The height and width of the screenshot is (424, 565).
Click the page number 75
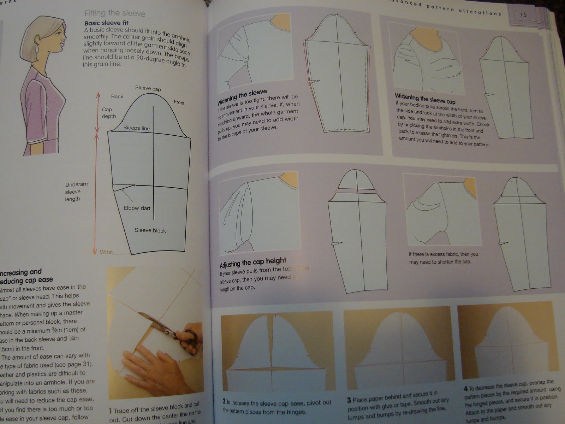(x=523, y=15)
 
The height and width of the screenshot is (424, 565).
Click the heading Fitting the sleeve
(x=115, y=13)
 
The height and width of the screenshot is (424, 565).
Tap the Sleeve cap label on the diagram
(x=148, y=88)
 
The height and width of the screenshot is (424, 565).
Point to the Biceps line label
(x=136, y=128)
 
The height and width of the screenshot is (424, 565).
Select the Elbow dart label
(x=137, y=208)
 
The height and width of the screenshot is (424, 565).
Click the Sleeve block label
(x=150, y=230)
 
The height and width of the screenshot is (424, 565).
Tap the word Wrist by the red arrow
(x=106, y=252)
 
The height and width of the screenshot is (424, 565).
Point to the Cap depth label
(x=108, y=113)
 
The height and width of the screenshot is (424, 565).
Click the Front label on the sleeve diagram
(x=179, y=102)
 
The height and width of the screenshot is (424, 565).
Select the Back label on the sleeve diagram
(x=117, y=96)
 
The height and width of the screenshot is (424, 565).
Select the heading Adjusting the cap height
(x=253, y=263)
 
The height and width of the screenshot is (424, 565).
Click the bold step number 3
(x=349, y=400)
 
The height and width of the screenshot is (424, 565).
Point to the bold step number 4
(x=466, y=388)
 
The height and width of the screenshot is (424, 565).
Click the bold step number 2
(x=224, y=402)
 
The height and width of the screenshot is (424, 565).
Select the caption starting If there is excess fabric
(x=443, y=258)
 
